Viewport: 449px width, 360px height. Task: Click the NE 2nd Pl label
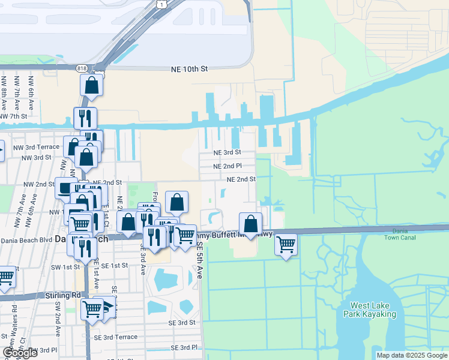click(228, 166)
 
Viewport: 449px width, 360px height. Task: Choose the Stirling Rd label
click(62, 295)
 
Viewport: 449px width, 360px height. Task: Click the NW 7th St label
click(14, 116)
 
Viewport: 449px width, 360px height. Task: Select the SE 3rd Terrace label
click(113, 337)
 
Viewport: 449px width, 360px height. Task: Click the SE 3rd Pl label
click(184, 347)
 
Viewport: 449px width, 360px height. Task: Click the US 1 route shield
click(162, 4)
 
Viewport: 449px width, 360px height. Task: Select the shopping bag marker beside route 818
click(91, 85)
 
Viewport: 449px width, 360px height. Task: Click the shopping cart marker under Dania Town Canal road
click(286, 244)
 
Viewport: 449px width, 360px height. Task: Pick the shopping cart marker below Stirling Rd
click(92, 309)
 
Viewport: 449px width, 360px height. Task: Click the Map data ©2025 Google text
click(412, 355)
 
